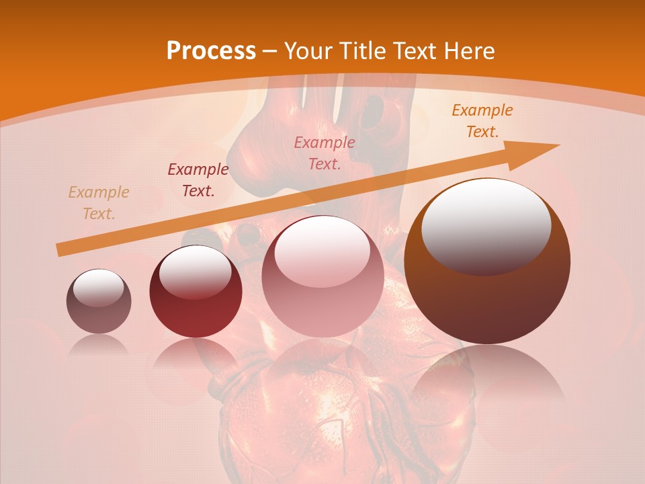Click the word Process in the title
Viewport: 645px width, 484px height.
[211, 50]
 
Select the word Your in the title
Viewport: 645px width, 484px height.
[308, 50]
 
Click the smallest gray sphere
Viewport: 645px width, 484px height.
[99, 302]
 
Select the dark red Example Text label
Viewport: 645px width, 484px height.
[198, 180]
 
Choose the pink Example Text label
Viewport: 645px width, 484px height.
[325, 153]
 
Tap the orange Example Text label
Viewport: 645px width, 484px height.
[482, 121]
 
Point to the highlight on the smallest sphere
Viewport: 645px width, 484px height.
[98, 288]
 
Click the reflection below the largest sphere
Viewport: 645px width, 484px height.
[487, 376]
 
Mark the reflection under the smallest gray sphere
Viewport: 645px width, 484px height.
[99, 344]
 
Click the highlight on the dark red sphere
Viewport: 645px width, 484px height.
[196, 270]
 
